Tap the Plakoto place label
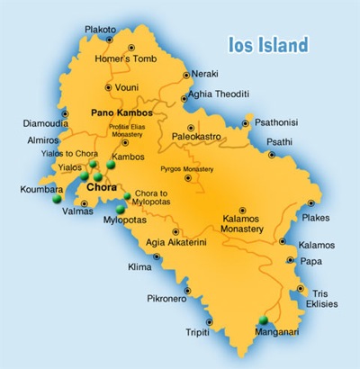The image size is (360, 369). (x=100, y=30)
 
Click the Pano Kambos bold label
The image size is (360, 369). (x=121, y=113)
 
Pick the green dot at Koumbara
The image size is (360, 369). (x=58, y=201)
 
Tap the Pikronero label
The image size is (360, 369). (x=166, y=299)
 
